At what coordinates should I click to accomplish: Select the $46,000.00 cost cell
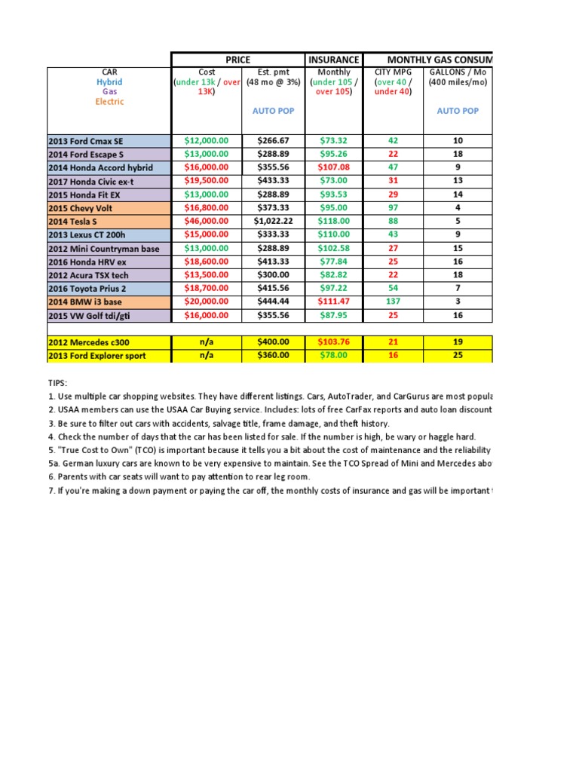coord(206,221)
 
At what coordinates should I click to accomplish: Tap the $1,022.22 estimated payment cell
coord(273,221)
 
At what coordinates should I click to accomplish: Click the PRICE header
coord(238,60)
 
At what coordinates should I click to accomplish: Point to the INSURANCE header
coord(334,60)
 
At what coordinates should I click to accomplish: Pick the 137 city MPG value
coord(393,302)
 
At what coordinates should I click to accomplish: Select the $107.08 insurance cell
coord(334,167)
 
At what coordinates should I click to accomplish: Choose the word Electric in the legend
coord(109,101)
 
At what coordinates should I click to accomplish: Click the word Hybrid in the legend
coord(109,82)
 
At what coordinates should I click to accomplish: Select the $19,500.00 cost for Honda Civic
coord(206,181)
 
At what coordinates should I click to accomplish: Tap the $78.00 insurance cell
coord(334,356)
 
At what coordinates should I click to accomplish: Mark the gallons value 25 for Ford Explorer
coord(458,356)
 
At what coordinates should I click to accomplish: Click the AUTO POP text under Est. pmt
coord(273,111)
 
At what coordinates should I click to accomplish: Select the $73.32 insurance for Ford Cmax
coord(334,140)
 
